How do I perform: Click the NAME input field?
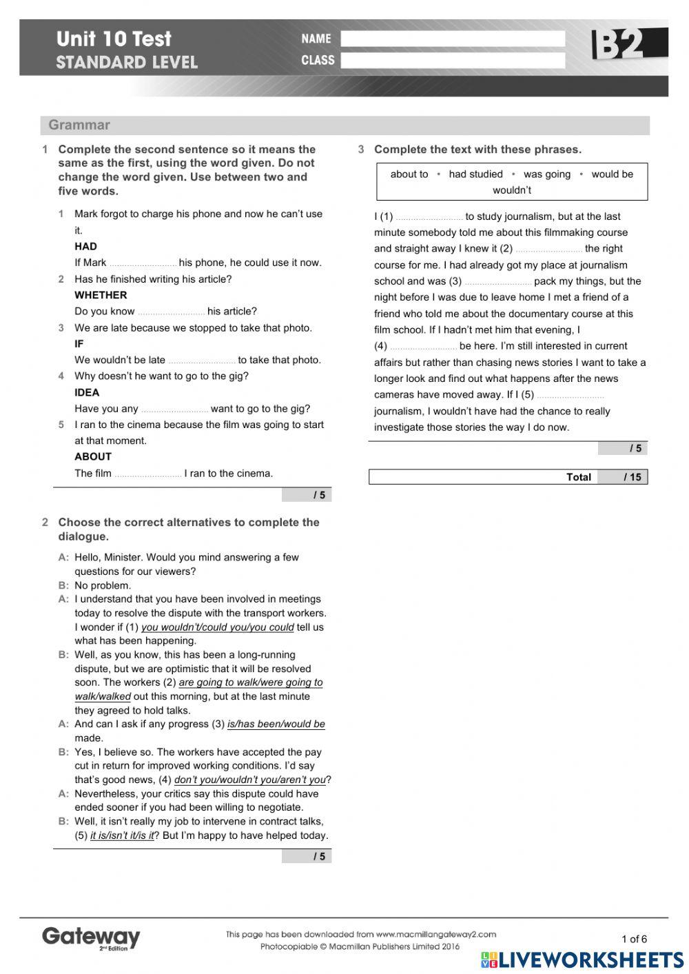tap(452, 39)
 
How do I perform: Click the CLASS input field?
tap(452, 61)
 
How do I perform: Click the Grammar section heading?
tap(79, 125)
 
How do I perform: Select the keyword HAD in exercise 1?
tap(85, 246)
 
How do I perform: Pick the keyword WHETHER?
tap(101, 295)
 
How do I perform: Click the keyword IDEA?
tap(87, 392)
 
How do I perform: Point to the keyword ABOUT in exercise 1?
tap(93, 456)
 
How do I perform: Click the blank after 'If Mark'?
tap(143, 263)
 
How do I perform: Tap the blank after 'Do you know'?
tap(171, 312)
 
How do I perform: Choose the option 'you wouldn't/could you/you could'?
tap(218, 627)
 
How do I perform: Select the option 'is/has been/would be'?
tap(276, 724)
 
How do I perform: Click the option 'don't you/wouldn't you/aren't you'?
tap(249, 780)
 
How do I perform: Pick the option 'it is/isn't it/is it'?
tap(122, 835)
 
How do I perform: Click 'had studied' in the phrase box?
tap(475, 174)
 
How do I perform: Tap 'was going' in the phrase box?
tap(547, 174)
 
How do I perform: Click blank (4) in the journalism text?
tap(423, 347)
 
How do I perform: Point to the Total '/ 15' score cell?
tap(623, 477)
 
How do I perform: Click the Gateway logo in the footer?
tap(91, 937)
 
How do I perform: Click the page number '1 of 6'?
tap(634, 938)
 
